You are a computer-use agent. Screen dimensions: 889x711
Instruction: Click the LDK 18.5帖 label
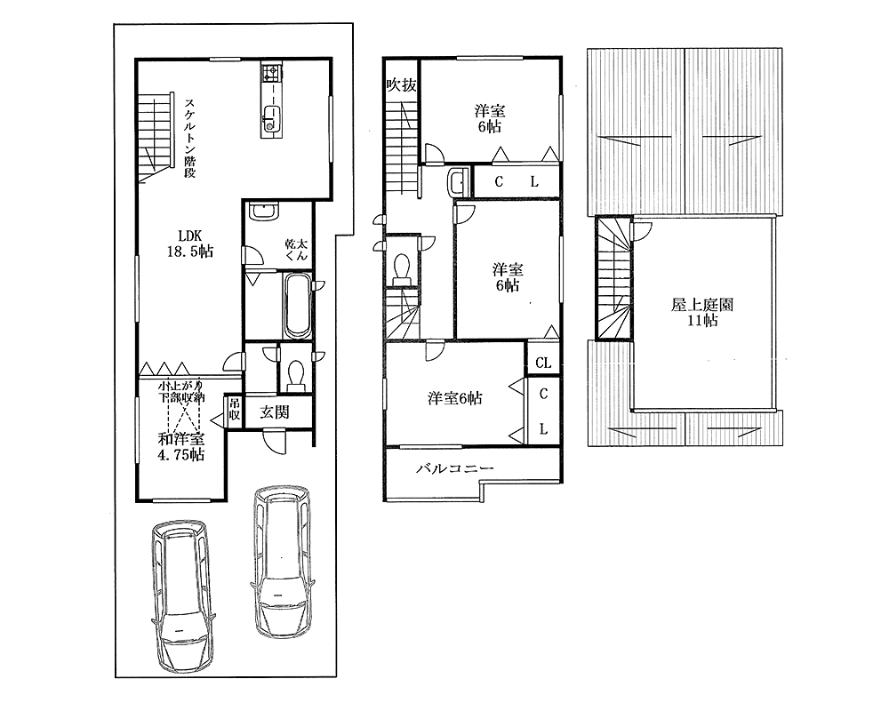tap(190, 244)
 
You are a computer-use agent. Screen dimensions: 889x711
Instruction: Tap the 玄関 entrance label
tap(275, 412)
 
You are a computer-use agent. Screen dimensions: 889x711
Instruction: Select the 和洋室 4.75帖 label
tap(181, 446)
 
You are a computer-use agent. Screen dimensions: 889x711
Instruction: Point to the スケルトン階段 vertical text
tap(190, 139)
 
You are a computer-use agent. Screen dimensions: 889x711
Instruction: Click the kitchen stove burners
tap(270, 73)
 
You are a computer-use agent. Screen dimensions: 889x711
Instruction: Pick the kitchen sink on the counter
tap(270, 118)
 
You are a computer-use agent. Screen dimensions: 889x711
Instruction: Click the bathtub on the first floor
tap(297, 307)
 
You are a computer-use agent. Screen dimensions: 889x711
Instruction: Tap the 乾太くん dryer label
tap(297, 250)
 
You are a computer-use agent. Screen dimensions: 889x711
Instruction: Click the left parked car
tap(184, 595)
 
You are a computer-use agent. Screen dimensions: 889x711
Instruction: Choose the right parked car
tap(282, 562)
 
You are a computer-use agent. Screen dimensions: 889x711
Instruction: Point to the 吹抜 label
tap(402, 85)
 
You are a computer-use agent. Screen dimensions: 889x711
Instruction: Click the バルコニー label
tap(455, 468)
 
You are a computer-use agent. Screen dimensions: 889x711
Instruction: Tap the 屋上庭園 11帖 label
tap(702, 313)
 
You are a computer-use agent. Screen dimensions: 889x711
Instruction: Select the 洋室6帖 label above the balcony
tap(454, 398)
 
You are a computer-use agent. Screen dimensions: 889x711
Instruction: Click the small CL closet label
tap(543, 363)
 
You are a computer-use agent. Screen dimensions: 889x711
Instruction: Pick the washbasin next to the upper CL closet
tap(456, 181)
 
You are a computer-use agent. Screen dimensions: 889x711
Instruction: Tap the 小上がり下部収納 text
tap(180, 392)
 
